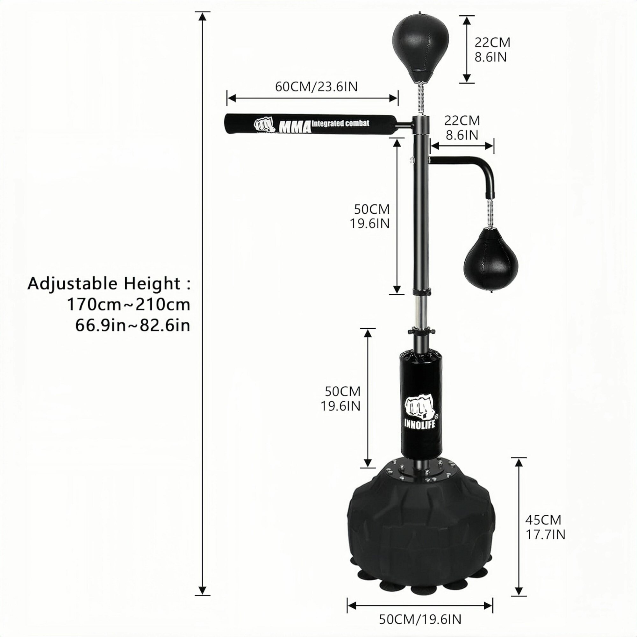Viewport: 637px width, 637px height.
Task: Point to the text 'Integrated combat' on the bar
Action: click(340, 123)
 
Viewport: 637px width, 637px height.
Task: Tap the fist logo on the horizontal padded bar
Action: click(264, 125)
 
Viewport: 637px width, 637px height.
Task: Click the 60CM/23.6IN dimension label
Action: click(316, 87)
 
